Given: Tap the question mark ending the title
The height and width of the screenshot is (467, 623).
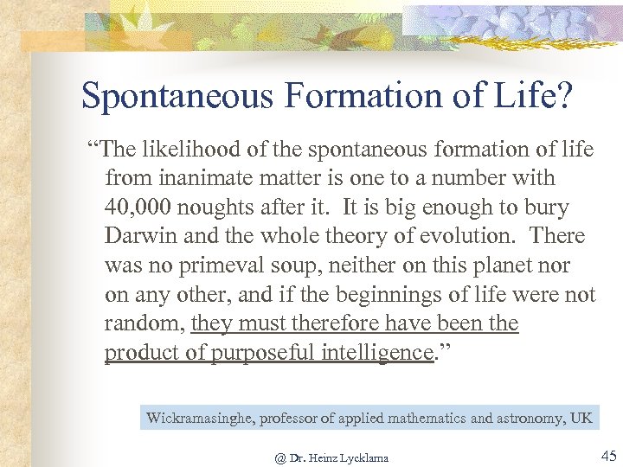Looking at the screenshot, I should tap(563, 96).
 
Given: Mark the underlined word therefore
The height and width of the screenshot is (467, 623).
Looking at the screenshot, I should tap(332, 323).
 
